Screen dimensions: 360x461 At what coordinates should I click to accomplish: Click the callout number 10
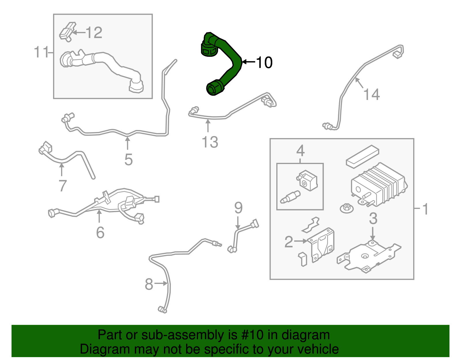pyautogui.click(x=264, y=62)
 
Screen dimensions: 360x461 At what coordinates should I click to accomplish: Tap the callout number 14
pyautogui.click(x=371, y=95)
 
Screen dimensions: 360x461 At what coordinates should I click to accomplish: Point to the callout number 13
pyautogui.click(x=210, y=142)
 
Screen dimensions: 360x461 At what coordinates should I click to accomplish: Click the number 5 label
pyautogui.click(x=129, y=160)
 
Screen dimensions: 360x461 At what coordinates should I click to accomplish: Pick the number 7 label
pyautogui.click(x=63, y=186)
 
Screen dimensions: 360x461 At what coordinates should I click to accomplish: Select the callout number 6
pyautogui.click(x=100, y=232)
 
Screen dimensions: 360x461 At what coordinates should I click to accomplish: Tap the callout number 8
pyautogui.click(x=149, y=284)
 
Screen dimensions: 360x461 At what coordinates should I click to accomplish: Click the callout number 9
pyautogui.click(x=238, y=208)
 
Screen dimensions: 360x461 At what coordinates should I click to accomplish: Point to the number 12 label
pyautogui.click(x=94, y=33)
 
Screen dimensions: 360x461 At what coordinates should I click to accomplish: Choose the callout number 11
pyautogui.click(x=41, y=52)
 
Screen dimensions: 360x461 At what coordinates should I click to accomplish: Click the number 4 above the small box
pyautogui.click(x=300, y=151)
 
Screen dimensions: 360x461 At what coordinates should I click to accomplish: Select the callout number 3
pyautogui.click(x=373, y=218)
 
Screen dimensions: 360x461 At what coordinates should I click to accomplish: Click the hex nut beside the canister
pyautogui.click(x=347, y=208)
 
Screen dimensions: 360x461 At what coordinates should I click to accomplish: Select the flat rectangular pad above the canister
pyautogui.click(x=362, y=156)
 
